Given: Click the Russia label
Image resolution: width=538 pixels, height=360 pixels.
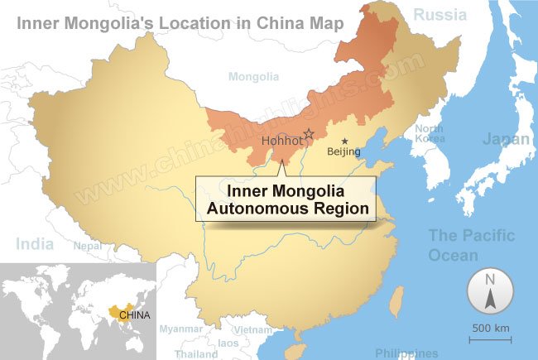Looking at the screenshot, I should point(440,14).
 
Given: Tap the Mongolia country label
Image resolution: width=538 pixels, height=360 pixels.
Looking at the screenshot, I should point(253,77).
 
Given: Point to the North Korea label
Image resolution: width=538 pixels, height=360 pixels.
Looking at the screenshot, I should point(430,133).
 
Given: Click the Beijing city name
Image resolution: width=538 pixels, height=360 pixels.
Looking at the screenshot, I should point(344,151).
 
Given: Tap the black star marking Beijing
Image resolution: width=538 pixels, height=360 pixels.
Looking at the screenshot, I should point(344,141).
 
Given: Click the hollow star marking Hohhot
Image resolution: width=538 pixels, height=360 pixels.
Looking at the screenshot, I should point(310,134).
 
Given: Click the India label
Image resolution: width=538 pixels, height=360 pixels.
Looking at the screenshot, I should point(35,243).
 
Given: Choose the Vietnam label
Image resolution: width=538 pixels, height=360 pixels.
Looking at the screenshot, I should point(252,329).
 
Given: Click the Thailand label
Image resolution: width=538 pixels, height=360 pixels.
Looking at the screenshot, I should point(196,353).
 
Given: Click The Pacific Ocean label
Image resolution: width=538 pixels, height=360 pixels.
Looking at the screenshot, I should point(470,245).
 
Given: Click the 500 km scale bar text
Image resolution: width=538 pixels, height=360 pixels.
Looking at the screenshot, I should point(491,329).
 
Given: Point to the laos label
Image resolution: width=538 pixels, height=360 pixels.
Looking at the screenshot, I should point(228,343).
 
